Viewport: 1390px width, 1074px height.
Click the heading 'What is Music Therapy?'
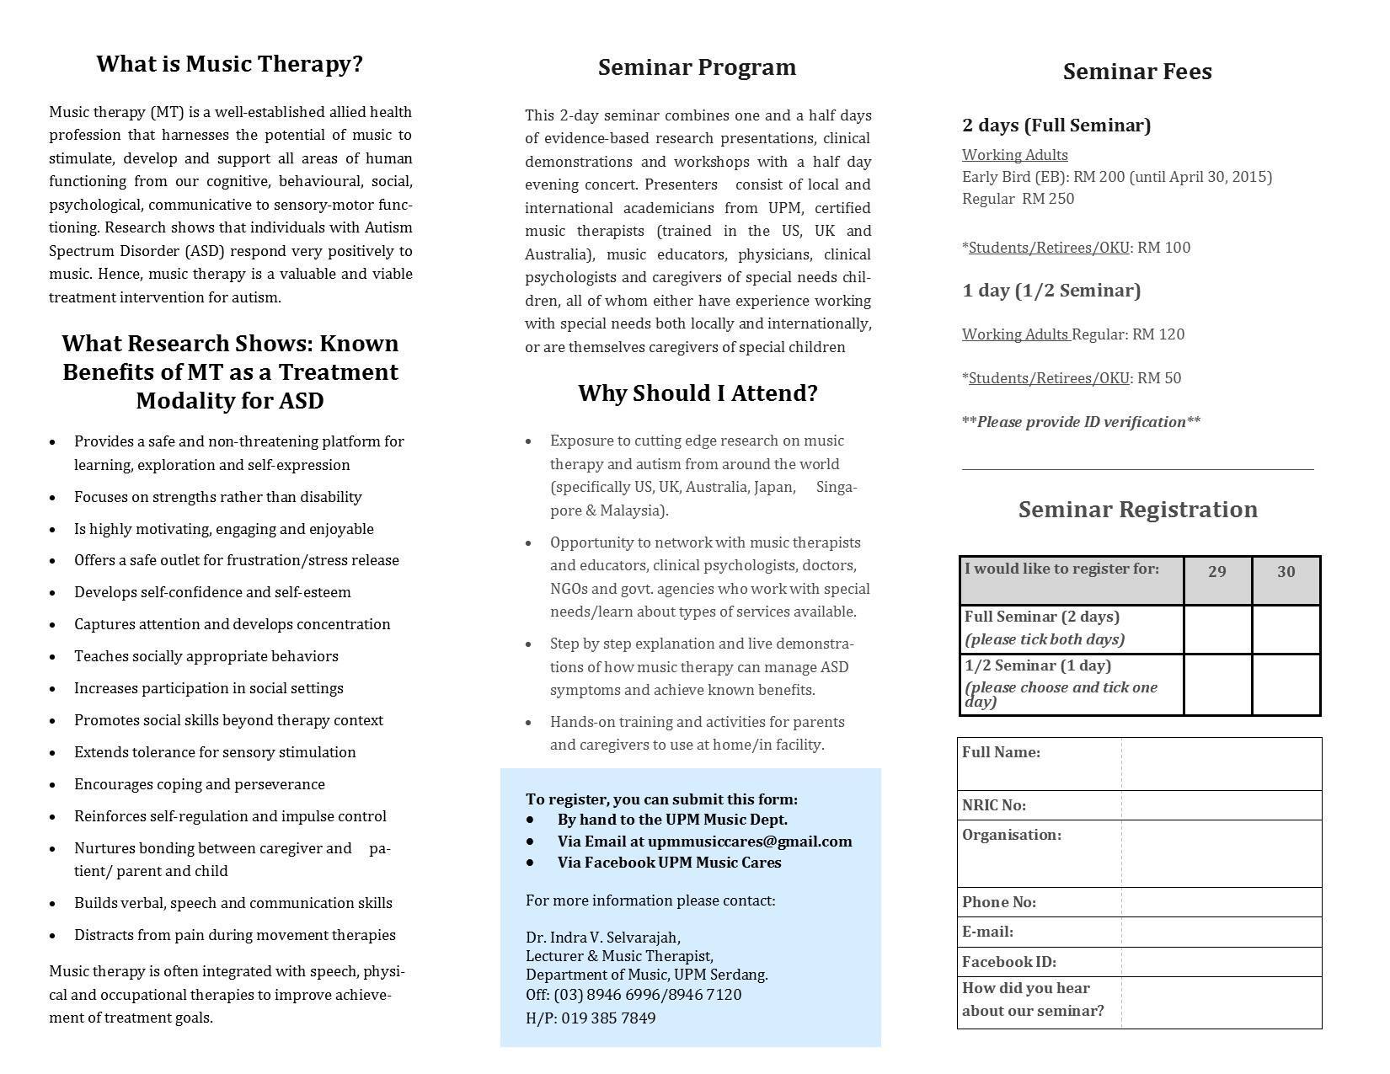[x=229, y=65]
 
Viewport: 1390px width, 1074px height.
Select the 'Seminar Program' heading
[x=697, y=67]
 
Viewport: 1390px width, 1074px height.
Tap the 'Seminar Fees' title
[x=1136, y=72]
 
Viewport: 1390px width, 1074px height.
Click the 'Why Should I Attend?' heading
[x=698, y=393]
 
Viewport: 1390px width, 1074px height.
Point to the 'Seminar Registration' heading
[x=1137, y=510]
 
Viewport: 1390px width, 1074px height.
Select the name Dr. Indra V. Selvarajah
[x=602, y=937]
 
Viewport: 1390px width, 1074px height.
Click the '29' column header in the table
[x=1216, y=572]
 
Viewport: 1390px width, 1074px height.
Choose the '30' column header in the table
[x=1286, y=572]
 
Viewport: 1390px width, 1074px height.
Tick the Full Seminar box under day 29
[x=1217, y=629]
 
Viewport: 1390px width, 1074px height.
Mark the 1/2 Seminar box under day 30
[x=1286, y=684]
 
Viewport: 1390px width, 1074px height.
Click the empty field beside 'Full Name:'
[x=1221, y=764]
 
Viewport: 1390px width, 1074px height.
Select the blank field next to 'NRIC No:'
[x=1221, y=805]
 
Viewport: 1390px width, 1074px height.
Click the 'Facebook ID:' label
[x=1008, y=962]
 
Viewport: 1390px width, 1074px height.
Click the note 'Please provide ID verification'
[x=1081, y=422]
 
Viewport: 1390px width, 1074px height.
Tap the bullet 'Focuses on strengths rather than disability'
[x=217, y=497]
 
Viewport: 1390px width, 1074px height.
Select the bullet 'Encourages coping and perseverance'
[x=199, y=784]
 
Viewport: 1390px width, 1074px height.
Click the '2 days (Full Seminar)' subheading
[x=1056, y=126]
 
